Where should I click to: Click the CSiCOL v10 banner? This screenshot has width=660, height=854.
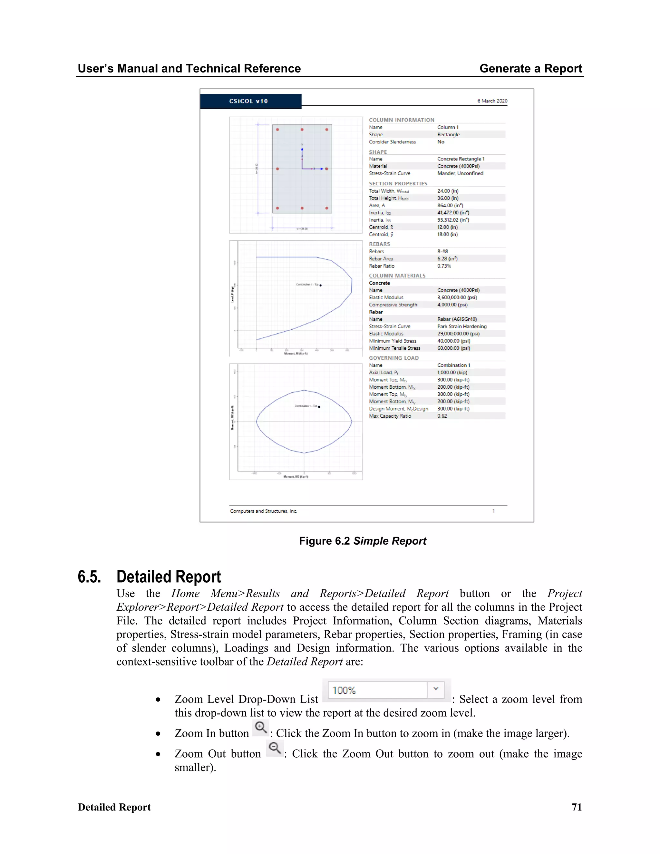pyautogui.click(x=250, y=101)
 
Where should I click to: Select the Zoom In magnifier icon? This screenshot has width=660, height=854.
pyautogui.click(x=260, y=728)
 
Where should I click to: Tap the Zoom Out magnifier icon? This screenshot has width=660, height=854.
pyautogui.click(x=275, y=748)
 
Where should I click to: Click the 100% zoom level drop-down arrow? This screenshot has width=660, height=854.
pyautogui.click(x=436, y=690)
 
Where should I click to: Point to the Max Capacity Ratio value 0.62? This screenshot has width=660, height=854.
pyautogui.click(x=442, y=416)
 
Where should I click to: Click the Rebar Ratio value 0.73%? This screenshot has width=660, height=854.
pyautogui.click(x=444, y=266)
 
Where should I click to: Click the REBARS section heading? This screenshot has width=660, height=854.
pyautogui.click(x=379, y=244)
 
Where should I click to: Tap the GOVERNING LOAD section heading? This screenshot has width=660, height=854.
pyautogui.click(x=394, y=358)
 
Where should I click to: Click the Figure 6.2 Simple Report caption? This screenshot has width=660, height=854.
pyautogui.click(x=363, y=541)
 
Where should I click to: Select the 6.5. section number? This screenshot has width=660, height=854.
pyautogui.click(x=89, y=577)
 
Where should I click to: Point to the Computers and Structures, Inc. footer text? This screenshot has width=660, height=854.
pyautogui.click(x=263, y=511)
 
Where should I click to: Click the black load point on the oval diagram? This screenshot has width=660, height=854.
pyautogui.click(x=319, y=407)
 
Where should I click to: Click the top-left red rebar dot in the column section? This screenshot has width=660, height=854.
pyautogui.click(x=277, y=130)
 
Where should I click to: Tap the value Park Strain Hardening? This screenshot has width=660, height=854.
pyautogui.click(x=462, y=326)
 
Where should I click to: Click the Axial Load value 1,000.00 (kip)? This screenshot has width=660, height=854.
pyautogui.click(x=452, y=373)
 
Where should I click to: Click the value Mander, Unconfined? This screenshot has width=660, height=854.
pyautogui.click(x=460, y=173)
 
